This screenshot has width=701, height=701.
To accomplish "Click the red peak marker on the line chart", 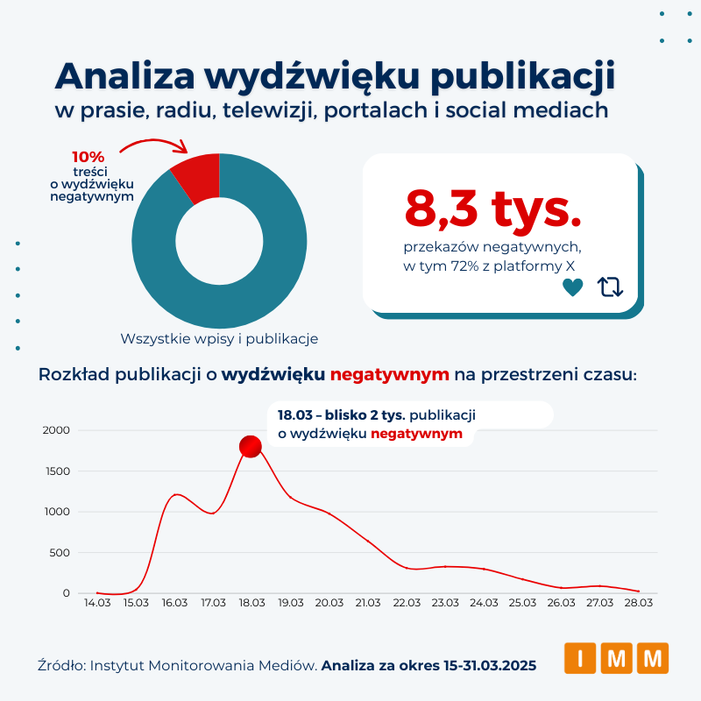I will (x=251, y=447).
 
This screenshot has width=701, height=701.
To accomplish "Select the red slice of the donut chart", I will (x=197, y=174).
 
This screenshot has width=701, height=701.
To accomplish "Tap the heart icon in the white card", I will (x=572, y=287).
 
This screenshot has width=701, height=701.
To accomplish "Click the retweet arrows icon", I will (x=610, y=287).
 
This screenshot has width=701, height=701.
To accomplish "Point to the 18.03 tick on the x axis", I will (x=251, y=603).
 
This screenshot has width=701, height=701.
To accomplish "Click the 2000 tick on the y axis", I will (x=55, y=430).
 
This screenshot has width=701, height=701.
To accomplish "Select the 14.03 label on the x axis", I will (x=97, y=603).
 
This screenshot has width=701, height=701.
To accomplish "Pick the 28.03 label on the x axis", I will (x=638, y=603).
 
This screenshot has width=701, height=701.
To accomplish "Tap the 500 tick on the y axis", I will (x=60, y=553).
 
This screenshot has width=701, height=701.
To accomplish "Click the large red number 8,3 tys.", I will (x=493, y=207).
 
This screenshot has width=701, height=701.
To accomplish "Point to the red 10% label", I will (x=88, y=157).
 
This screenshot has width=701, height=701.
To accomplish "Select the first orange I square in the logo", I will (x=579, y=658).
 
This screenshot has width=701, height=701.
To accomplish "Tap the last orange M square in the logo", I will (x=653, y=658).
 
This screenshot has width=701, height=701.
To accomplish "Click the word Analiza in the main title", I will (x=125, y=77).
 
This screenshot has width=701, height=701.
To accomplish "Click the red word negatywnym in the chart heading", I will (x=390, y=375).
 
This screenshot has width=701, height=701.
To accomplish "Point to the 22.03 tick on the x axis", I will (x=407, y=603).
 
